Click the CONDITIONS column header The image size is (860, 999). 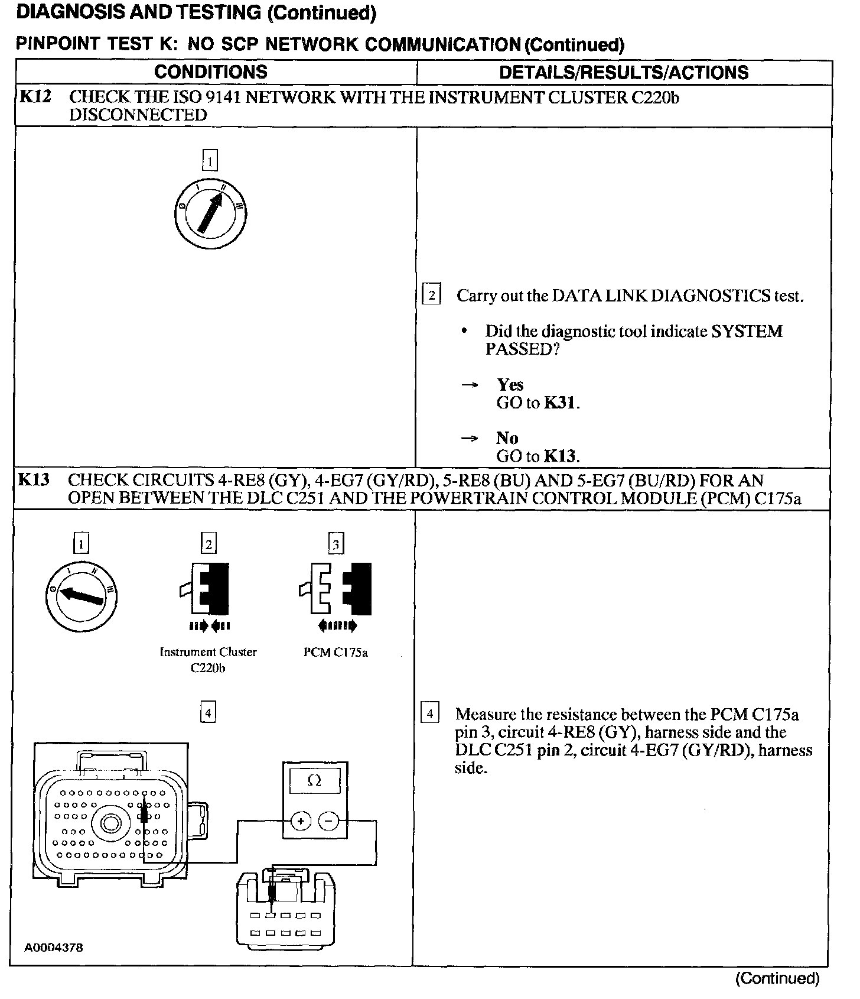point(211,72)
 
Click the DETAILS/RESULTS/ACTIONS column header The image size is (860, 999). point(624,72)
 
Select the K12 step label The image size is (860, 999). point(35,96)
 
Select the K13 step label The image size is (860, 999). point(34,479)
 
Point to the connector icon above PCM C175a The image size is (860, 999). point(335,589)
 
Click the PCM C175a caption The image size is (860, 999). point(335,653)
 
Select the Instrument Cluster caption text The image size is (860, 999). point(209,653)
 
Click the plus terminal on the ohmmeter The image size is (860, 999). point(301,821)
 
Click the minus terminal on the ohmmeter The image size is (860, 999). point(328,821)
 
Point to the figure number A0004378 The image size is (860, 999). point(54,947)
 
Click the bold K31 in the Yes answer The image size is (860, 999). point(561,403)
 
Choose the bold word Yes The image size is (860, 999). point(510,385)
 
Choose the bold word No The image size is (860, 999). point(507,438)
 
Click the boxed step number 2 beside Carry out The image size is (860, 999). point(432,295)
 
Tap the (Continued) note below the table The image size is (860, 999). point(777,978)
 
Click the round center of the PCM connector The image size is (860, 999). point(110,822)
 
